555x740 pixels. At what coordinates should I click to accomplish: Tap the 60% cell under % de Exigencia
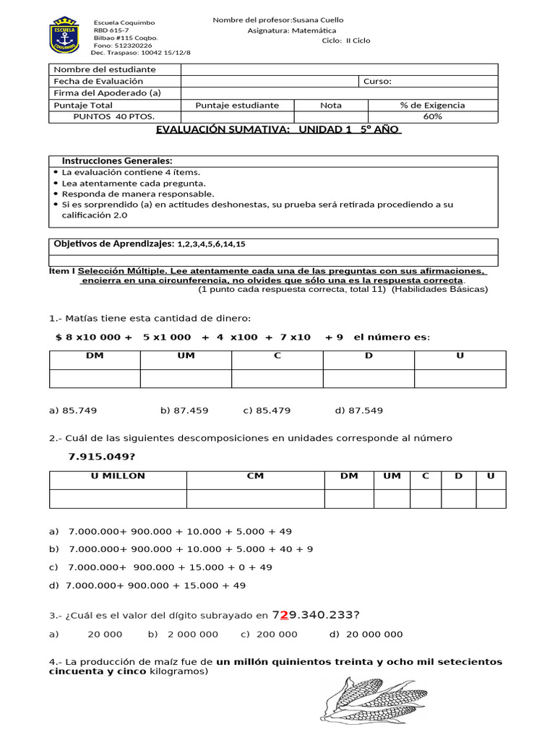(x=432, y=116)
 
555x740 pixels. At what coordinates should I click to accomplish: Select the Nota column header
(x=331, y=105)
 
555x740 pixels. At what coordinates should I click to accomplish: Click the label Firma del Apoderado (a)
(x=107, y=93)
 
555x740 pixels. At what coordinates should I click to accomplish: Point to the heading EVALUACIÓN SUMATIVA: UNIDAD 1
(x=278, y=129)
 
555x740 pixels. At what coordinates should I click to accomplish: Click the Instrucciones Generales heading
(x=117, y=160)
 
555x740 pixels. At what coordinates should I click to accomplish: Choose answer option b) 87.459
(x=184, y=410)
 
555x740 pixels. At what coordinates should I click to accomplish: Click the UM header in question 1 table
(x=186, y=356)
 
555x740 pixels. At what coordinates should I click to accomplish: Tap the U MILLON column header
(x=118, y=476)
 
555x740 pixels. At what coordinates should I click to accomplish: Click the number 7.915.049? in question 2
(x=102, y=456)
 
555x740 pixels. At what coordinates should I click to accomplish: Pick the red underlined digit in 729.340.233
(x=284, y=615)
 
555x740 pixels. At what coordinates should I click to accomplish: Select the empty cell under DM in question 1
(x=95, y=378)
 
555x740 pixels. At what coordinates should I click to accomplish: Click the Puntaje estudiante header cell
(x=237, y=105)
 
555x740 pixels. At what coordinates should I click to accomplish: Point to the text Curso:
(x=378, y=82)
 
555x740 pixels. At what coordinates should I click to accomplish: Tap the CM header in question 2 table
(x=255, y=476)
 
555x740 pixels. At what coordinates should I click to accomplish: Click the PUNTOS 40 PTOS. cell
(x=114, y=116)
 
